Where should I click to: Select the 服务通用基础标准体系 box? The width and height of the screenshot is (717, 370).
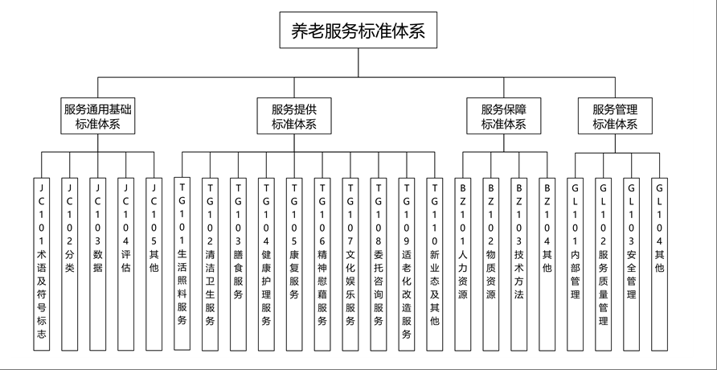[x=98, y=117]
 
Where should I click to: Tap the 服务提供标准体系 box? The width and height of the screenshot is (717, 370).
[x=294, y=117]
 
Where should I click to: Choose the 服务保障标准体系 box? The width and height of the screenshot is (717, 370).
[x=504, y=117]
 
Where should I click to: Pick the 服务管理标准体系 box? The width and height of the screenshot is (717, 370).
[x=615, y=117]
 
